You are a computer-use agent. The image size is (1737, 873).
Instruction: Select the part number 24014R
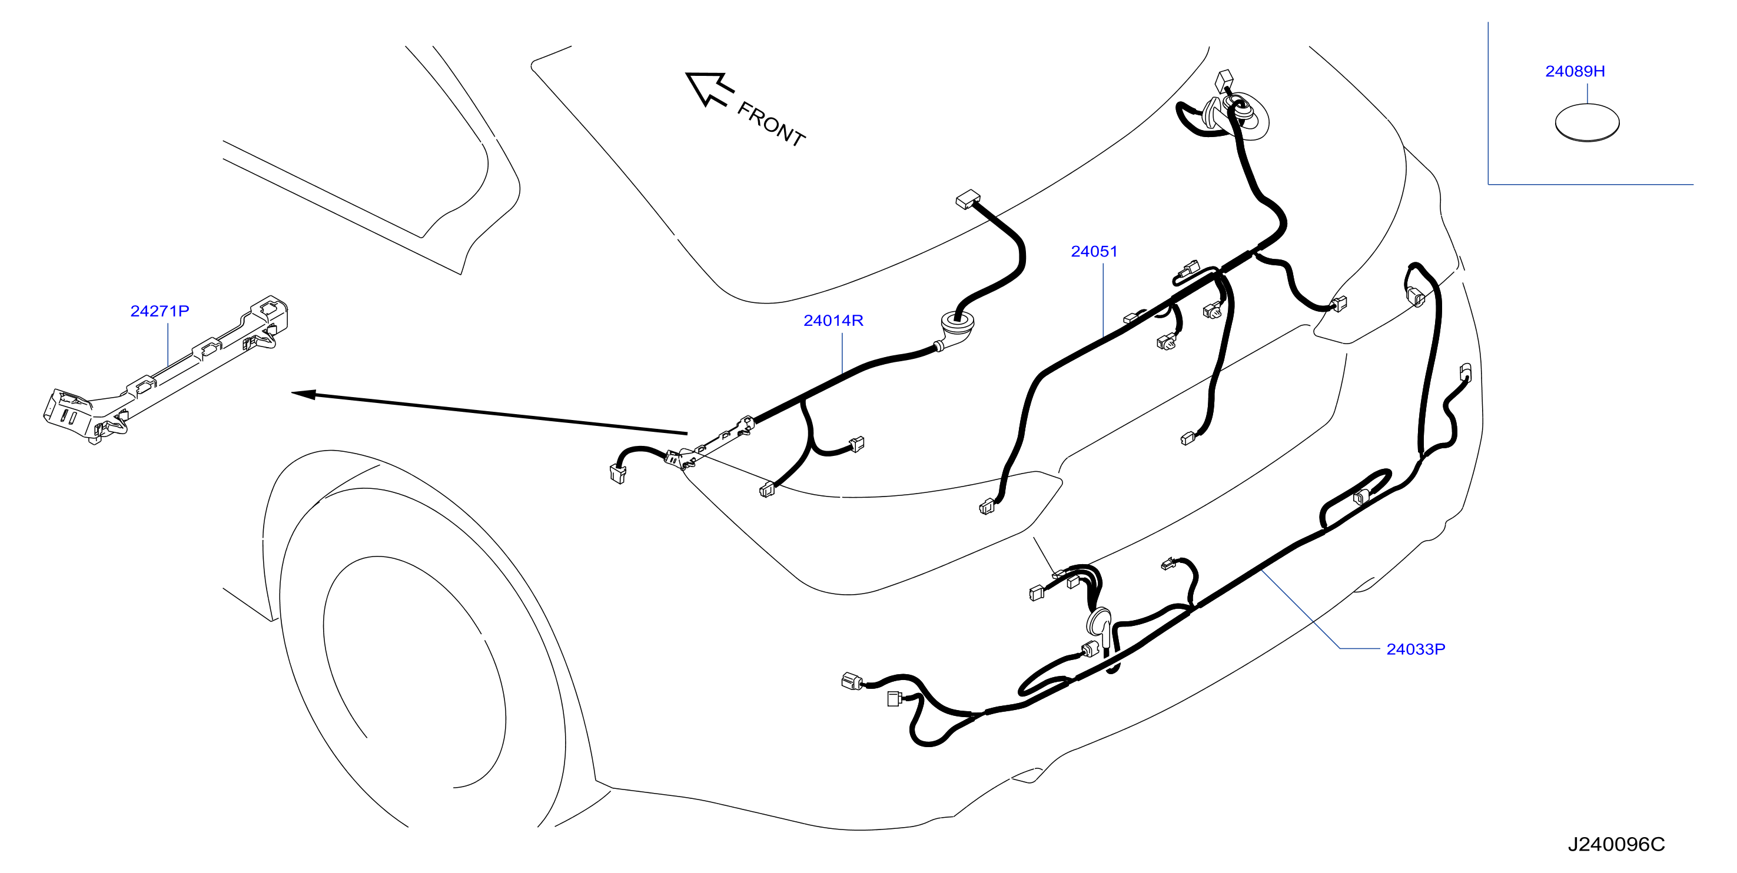coord(833,320)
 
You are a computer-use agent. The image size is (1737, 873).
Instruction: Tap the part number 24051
coord(1094,251)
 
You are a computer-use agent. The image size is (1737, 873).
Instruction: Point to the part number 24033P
coord(1416,649)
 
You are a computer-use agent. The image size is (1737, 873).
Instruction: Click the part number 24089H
coord(1575,71)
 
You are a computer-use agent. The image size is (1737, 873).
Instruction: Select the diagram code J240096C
coord(1616,844)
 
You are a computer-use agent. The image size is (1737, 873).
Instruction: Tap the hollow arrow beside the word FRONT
coord(709,88)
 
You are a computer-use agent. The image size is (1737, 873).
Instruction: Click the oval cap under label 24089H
coord(1587,123)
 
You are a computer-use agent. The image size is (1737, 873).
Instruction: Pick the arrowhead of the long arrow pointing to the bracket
coord(304,394)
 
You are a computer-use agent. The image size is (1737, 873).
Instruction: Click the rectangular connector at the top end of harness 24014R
coord(967,199)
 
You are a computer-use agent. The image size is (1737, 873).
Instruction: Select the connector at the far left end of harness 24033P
coord(852,681)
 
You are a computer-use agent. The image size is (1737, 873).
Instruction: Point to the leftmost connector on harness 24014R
coord(617,474)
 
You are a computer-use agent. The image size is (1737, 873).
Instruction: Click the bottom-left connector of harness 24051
coord(987,507)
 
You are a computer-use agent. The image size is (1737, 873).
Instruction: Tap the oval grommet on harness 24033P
coord(1099,624)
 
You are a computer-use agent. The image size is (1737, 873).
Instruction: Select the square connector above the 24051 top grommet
coord(1223,80)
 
